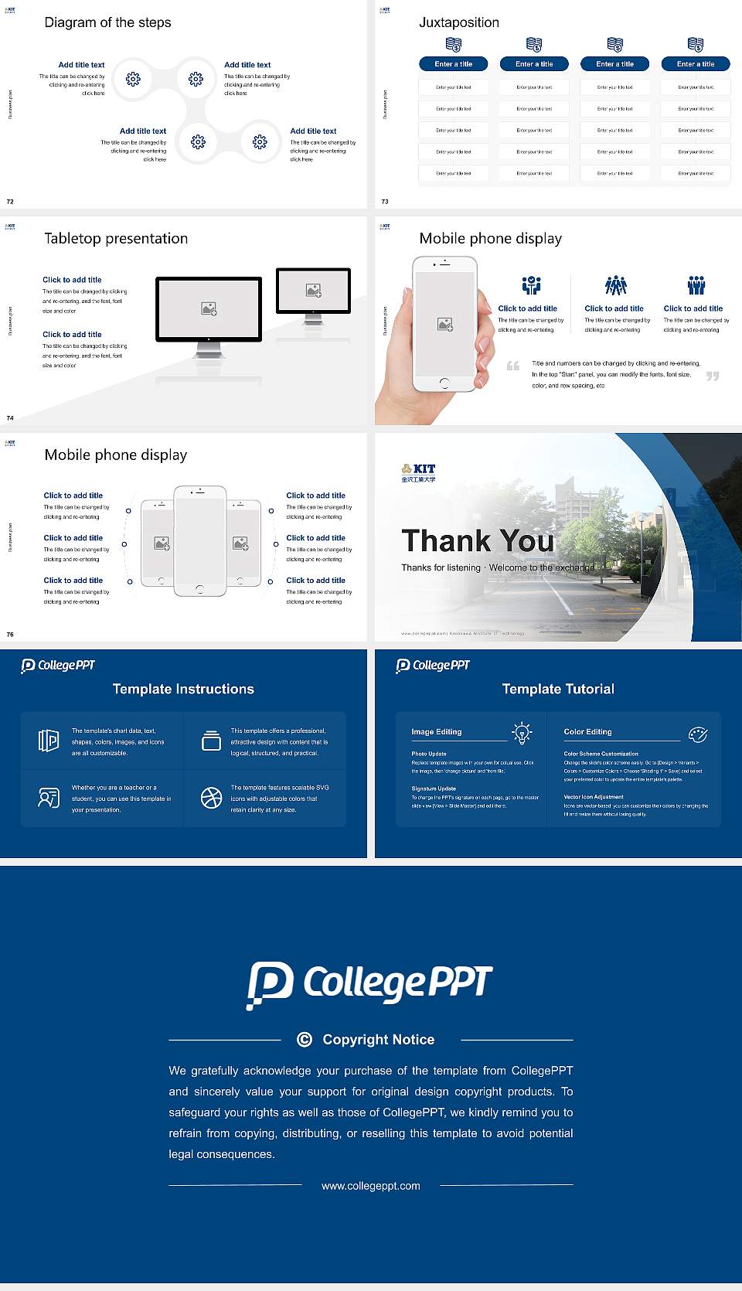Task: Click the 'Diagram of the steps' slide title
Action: (107, 22)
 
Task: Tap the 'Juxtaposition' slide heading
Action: (459, 22)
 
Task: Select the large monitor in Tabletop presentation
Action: (209, 309)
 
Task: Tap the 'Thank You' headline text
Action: (478, 541)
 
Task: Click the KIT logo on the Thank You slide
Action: (418, 472)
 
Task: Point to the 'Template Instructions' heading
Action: (183, 689)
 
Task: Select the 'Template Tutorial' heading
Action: (558, 689)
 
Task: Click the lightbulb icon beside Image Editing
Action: (522, 732)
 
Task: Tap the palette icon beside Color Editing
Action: (698, 734)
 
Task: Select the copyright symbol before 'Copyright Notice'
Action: (305, 1040)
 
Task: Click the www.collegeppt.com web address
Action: (371, 1186)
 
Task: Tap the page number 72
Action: (10, 202)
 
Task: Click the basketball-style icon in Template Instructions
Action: (211, 798)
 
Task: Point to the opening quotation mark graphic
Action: (513, 366)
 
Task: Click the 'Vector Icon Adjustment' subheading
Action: (594, 797)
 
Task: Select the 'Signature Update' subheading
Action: (434, 789)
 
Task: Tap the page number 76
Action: (10, 635)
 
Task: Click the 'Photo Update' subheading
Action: (429, 754)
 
